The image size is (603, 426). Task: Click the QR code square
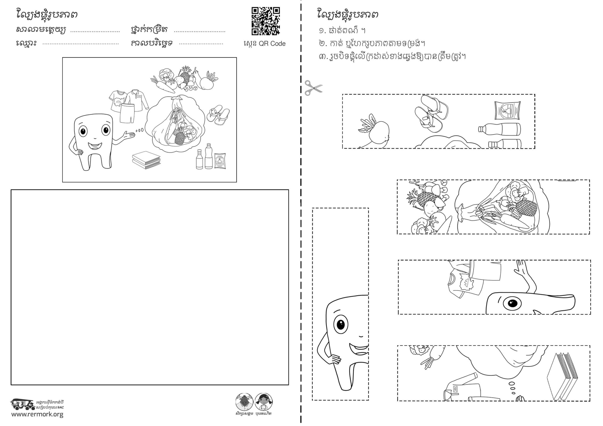click(265, 21)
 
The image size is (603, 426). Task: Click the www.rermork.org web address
click(37, 414)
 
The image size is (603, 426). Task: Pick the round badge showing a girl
click(263, 402)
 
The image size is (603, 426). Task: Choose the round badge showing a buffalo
click(244, 402)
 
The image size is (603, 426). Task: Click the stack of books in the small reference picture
click(146, 160)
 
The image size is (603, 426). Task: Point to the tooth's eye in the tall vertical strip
click(341, 324)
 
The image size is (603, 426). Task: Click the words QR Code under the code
click(272, 44)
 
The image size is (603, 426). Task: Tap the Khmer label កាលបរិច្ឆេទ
click(152, 43)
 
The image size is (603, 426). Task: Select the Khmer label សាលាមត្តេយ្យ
click(41, 30)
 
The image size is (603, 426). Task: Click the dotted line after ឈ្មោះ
click(81, 44)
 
